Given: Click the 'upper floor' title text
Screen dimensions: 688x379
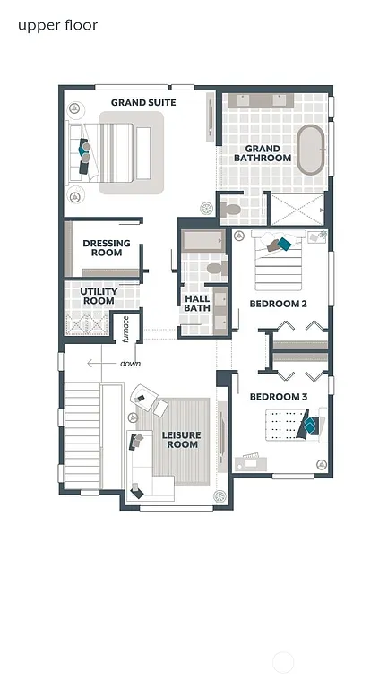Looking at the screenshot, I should click(57, 25).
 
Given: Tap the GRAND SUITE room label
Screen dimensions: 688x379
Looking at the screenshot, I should click(143, 103).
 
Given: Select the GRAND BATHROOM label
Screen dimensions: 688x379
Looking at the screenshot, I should click(263, 153).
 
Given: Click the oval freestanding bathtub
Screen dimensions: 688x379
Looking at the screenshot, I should click(311, 150).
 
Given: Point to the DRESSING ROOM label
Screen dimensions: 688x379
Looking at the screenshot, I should click(107, 247).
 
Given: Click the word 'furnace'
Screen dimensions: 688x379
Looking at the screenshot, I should click(126, 329).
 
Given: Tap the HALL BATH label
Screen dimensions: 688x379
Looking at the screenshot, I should click(197, 304).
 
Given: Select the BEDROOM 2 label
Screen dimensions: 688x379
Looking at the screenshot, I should click(278, 304).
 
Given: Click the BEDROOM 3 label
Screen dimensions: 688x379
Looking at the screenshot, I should click(278, 397).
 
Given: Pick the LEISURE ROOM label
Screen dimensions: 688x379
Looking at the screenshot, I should click(182, 440).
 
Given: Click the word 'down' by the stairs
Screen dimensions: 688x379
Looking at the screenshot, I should click(130, 364).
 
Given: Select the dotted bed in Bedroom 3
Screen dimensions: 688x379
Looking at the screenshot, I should click(289, 425).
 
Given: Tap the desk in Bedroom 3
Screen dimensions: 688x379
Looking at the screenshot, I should click(251, 462).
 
